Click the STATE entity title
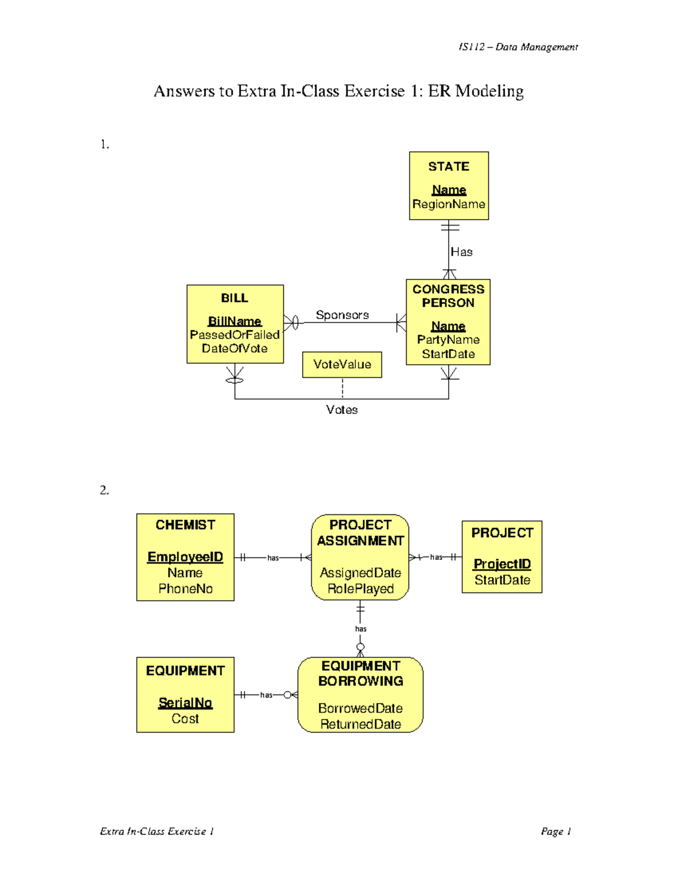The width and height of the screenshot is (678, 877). (x=449, y=167)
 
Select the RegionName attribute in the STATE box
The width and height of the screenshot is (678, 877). (x=449, y=204)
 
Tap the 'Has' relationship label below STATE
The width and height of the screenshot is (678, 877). (x=462, y=252)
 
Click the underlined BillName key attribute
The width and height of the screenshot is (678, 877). (x=234, y=321)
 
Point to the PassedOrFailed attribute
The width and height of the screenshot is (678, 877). (x=234, y=335)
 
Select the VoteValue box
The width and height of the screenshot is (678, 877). (x=342, y=365)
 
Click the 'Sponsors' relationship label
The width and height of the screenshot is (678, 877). (x=342, y=315)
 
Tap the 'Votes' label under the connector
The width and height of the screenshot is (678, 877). (x=342, y=410)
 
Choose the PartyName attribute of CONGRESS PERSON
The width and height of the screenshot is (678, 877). (x=448, y=340)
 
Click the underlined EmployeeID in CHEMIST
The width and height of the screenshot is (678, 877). (x=185, y=557)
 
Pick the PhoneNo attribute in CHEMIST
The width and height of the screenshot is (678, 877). (x=185, y=589)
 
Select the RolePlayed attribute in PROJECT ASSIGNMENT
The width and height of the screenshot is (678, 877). (x=360, y=589)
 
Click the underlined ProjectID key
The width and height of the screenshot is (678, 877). (x=502, y=564)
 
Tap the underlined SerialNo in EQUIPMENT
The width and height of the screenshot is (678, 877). (x=185, y=703)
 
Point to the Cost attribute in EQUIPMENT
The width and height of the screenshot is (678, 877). (x=185, y=719)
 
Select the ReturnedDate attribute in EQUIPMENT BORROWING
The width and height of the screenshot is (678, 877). (x=360, y=725)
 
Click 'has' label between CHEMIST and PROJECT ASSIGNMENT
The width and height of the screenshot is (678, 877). (x=273, y=558)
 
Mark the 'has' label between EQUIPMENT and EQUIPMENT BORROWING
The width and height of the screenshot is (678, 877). (x=266, y=695)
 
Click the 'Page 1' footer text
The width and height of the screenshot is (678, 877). (x=556, y=831)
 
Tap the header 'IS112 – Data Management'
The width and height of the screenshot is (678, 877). (x=518, y=47)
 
